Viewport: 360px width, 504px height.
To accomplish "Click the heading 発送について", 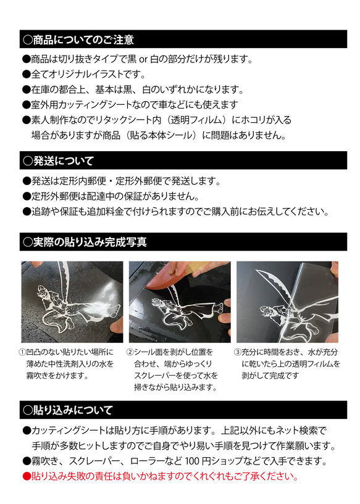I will pyautogui.click(x=58, y=161).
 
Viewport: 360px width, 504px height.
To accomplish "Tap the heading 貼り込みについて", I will pyautogui.click(x=67, y=410).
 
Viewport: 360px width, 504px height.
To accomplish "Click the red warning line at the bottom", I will pyautogui.click(x=161, y=477).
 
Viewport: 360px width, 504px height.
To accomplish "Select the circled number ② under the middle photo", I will pyautogui.click(x=130, y=352).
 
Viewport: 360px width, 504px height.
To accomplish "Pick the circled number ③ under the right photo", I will pyautogui.click(x=238, y=352).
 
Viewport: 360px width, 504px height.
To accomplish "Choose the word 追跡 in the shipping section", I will pyautogui.click(x=41, y=212).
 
